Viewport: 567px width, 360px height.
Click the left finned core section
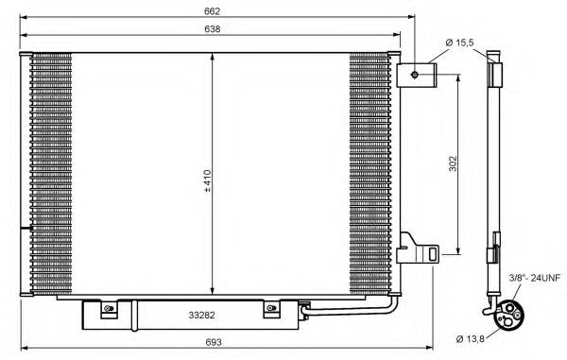(51, 170)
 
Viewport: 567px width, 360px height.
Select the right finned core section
(369, 170)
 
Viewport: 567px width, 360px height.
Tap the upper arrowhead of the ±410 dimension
(213, 55)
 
